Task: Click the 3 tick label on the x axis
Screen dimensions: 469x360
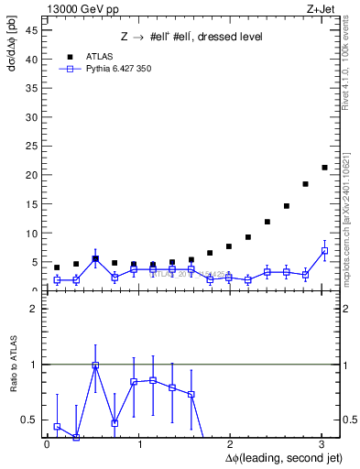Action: click(321, 444)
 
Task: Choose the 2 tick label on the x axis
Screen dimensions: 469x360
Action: click(229, 444)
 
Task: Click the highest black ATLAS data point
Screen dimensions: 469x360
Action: click(324, 168)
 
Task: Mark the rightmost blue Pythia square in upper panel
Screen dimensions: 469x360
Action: click(324, 250)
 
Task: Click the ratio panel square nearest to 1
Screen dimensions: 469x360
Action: click(95, 365)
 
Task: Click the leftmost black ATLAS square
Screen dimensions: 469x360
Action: click(57, 267)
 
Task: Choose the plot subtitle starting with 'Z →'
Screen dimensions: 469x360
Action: click(191, 37)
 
